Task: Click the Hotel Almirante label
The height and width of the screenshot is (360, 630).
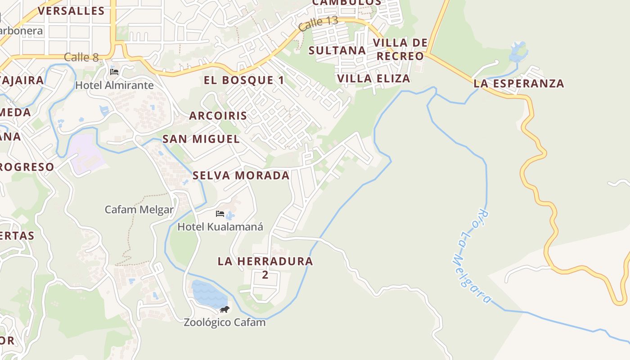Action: click(x=114, y=85)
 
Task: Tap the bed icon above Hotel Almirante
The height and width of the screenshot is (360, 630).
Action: click(x=114, y=72)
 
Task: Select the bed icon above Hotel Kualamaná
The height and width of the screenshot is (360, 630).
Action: click(x=220, y=213)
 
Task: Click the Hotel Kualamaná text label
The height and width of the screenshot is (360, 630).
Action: click(x=220, y=226)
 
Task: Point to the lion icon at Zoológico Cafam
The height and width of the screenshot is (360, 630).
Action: click(x=225, y=310)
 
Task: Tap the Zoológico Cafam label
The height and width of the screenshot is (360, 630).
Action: click(x=225, y=322)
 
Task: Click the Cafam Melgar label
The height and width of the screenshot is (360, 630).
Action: click(x=139, y=209)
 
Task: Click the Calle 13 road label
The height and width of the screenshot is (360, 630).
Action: click(x=318, y=23)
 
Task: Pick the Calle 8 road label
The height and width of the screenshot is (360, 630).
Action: click(x=81, y=57)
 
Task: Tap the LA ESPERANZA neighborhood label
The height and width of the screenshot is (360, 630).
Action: click(x=519, y=83)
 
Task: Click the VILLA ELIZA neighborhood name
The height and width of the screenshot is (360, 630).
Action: click(x=373, y=78)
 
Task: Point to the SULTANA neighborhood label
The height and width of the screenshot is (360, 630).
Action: click(x=337, y=50)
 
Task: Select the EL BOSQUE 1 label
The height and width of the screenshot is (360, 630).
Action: click(x=244, y=81)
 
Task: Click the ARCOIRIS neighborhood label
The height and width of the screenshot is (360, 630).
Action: click(x=218, y=116)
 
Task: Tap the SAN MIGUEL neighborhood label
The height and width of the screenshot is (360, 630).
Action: click(x=201, y=139)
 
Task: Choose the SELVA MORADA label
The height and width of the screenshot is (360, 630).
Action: click(x=241, y=175)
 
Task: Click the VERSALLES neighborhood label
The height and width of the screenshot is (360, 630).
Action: click(x=71, y=11)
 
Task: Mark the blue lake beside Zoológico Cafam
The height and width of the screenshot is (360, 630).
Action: click(x=208, y=293)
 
